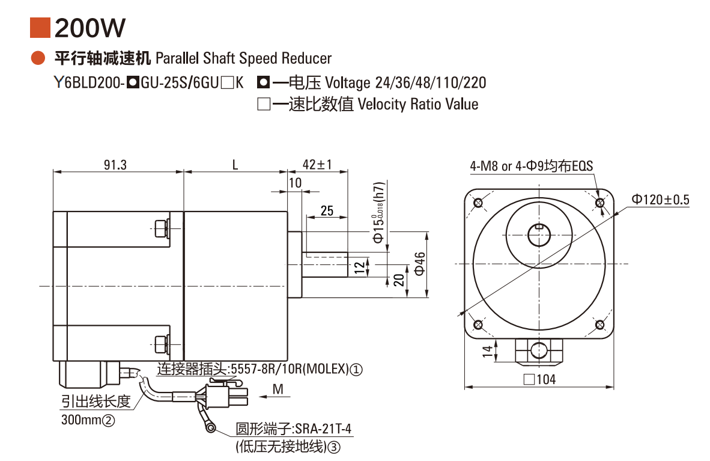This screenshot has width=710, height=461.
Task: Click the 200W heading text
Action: (x=90, y=28)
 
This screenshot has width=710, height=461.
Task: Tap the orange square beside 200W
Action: (x=40, y=28)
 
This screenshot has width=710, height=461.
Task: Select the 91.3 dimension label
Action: (x=115, y=165)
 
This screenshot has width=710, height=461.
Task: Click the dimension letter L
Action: (x=235, y=165)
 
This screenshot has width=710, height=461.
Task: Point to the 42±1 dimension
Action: (x=317, y=164)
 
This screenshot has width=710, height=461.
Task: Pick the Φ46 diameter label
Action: (x=420, y=264)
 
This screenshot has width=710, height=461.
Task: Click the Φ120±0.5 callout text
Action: (x=660, y=200)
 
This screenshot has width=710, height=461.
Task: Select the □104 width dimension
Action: (x=540, y=379)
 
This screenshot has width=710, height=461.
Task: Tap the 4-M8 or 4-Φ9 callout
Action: (x=532, y=166)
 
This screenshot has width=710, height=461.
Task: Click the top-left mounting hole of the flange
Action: (x=478, y=203)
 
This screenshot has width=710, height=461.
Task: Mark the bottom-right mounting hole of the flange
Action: (x=600, y=325)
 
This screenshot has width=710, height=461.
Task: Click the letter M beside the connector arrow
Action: (x=278, y=389)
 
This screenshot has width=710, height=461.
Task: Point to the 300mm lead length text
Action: (x=88, y=420)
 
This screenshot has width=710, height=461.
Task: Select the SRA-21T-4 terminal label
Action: (x=323, y=429)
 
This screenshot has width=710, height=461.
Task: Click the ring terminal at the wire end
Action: (x=211, y=427)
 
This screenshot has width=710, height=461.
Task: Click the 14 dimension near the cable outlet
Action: (x=487, y=351)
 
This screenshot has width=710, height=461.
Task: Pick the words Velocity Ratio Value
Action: (x=418, y=104)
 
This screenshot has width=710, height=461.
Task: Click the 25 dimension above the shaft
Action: (x=327, y=211)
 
